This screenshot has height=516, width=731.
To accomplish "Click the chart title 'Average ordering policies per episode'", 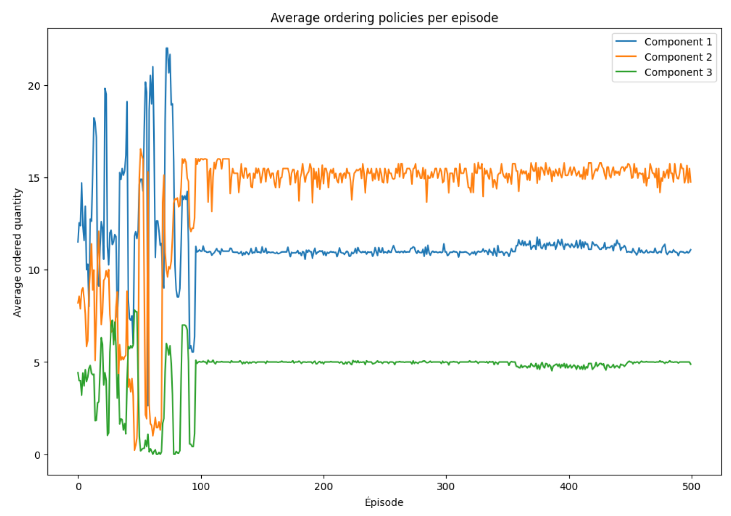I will [384, 18].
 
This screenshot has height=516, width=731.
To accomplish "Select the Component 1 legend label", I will [678, 42].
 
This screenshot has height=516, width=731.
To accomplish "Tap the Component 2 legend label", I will [678, 57].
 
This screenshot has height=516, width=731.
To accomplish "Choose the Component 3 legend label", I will [678, 73].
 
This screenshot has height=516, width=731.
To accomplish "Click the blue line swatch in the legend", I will [626, 42].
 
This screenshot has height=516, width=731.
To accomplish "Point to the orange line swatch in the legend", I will [626, 57].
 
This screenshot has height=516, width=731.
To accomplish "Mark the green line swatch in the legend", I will [626, 72].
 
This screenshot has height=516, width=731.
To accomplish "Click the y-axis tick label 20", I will [34, 86].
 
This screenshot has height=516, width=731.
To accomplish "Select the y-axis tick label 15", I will [34, 178].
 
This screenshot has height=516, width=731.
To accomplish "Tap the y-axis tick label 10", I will [34, 270].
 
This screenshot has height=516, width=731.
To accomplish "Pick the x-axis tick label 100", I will [201, 487].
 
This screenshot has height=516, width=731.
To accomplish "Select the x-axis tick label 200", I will [324, 487].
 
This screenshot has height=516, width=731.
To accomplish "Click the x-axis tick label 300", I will [446, 487].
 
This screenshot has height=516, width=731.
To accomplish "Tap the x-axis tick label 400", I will [569, 487].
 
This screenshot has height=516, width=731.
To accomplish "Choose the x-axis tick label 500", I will [691, 487].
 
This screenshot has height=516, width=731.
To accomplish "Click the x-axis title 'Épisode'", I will [384, 502].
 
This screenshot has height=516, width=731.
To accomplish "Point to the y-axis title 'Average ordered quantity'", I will [18, 252].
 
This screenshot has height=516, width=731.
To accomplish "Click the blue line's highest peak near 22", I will [167, 49].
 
